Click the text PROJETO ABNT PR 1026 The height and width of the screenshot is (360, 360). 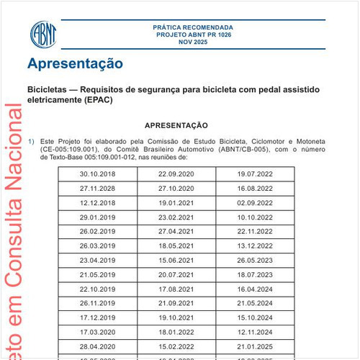193,35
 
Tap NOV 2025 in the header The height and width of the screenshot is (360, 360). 193,42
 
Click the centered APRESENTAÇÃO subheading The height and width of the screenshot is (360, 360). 176,125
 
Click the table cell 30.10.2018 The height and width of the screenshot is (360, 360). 98,174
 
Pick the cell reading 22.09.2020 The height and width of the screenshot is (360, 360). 176,174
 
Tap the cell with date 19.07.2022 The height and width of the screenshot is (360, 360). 255,174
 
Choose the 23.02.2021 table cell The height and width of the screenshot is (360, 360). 176,217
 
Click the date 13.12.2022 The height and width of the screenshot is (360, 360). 255,246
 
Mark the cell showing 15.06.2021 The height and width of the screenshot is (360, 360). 176,260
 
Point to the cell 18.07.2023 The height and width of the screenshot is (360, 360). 255,274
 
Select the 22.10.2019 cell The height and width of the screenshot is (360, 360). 98,289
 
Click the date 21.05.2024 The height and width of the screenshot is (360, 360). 255,302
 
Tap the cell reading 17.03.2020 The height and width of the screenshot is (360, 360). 98,331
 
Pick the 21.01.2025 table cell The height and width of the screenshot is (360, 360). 255,346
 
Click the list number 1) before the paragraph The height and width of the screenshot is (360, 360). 31,141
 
